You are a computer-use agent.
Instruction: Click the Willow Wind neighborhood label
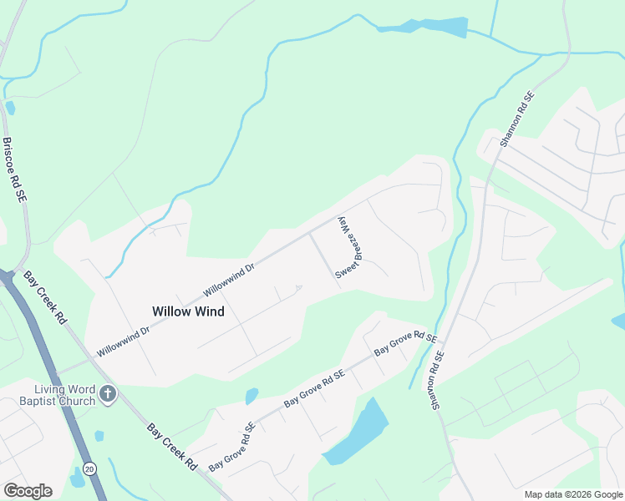coord(188,311)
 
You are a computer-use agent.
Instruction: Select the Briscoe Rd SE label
coord(14,170)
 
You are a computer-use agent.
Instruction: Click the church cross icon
coord(107,393)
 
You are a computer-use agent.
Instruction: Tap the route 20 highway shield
coord(89,468)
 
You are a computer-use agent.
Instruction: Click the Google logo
coord(28,491)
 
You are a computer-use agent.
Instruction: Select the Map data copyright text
coord(573,494)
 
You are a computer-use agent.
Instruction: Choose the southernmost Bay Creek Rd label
coord(171,446)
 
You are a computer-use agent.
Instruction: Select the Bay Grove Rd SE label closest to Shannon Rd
coord(405,344)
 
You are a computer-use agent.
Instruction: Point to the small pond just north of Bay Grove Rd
coord(252,396)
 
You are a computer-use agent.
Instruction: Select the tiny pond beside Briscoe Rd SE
coord(10,108)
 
